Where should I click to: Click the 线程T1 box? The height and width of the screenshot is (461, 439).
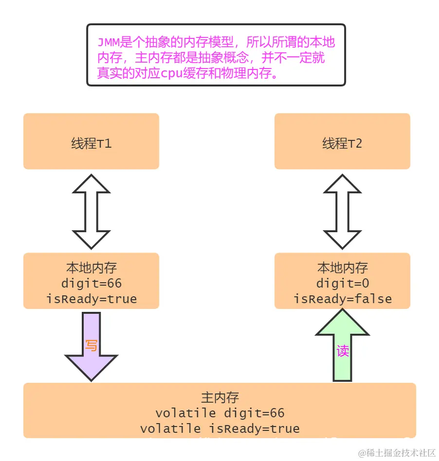[x=91, y=141]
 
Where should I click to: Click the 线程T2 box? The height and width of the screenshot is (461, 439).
[x=342, y=141]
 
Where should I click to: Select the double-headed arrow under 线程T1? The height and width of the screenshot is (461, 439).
[x=91, y=211]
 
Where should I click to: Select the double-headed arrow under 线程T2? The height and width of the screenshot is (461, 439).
[x=342, y=211]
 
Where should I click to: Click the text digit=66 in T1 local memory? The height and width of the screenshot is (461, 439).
[x=91, y=283]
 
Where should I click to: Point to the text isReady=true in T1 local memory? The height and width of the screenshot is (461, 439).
[x=91, y=299]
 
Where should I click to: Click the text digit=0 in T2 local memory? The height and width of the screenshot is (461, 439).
[x=342, y=283]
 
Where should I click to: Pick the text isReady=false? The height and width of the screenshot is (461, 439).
[x=342, y=299]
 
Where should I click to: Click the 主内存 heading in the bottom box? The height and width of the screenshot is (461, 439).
[x=219, y=397]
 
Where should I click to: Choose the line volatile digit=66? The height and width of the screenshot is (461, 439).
[x=219, y=413]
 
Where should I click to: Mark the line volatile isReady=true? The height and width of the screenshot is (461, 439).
[x=219, y=429]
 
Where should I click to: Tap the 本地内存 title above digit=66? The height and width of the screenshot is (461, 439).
[x=91, y=268]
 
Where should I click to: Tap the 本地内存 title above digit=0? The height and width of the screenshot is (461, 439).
[x=342, y=268]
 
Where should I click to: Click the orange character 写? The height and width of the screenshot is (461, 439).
[x=91, y=345]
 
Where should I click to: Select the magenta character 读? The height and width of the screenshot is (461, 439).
[x=343, y=351]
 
